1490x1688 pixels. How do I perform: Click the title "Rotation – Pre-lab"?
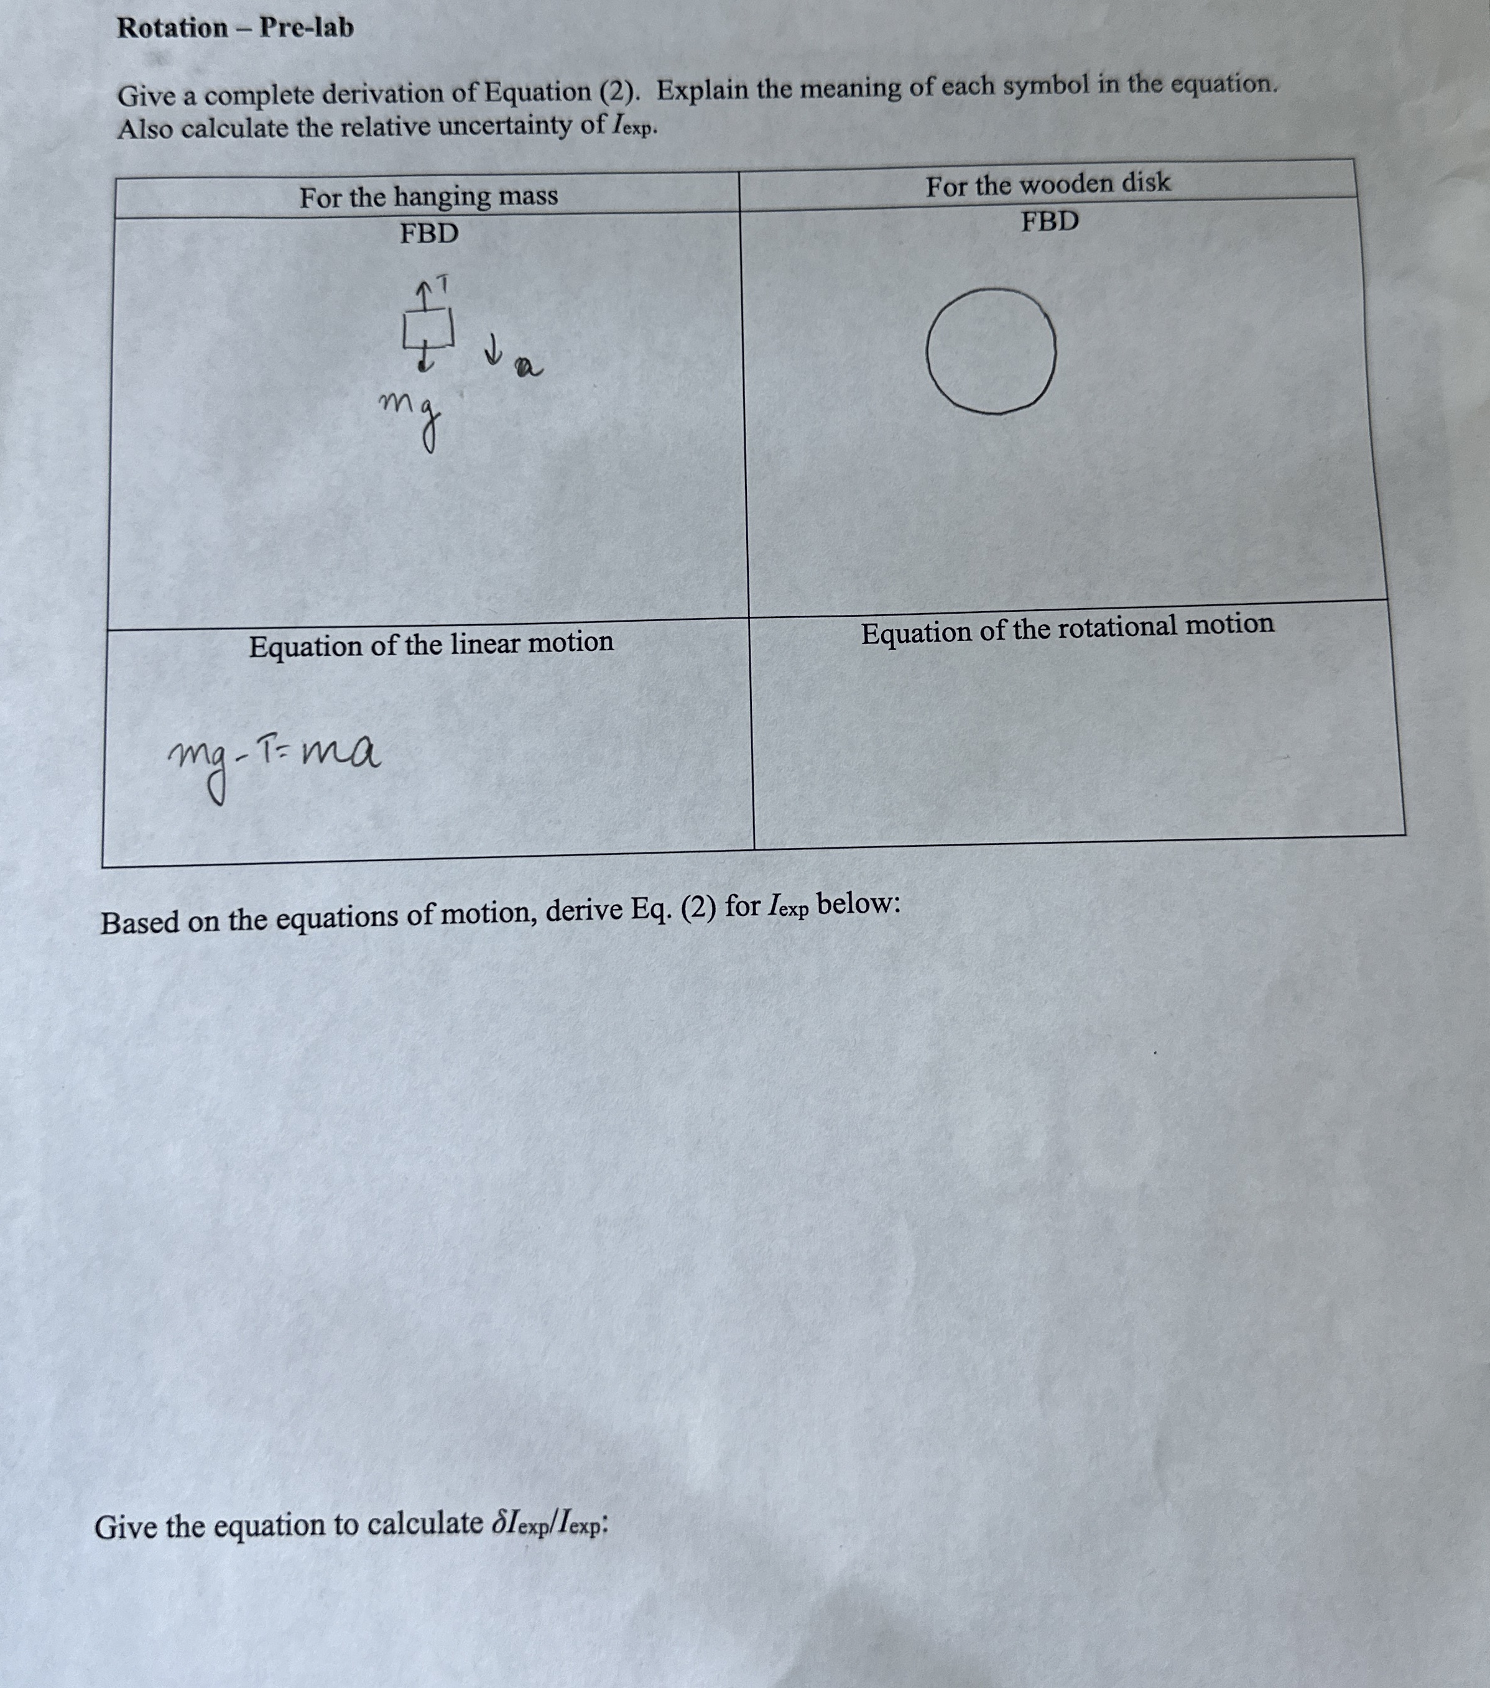coord(236,28)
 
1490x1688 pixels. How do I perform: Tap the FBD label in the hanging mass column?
coord(428,234)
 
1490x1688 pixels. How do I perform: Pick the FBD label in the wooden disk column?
coord(1049,222)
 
